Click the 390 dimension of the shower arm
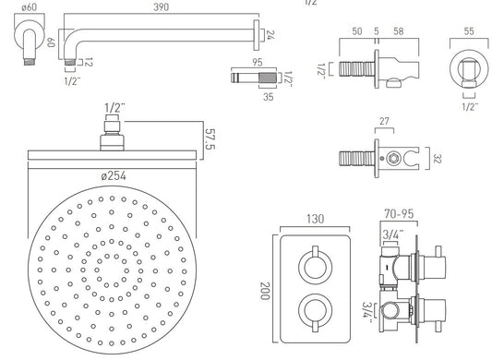click(x=162, y=7)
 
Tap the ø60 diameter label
click(x=30, y=7)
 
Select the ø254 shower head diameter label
click(x=114, y=175)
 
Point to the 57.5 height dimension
click(x=210, y=138)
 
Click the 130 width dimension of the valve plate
click(x=315, y=219)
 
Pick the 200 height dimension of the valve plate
click(x=265, y=291)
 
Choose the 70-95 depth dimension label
click(x=399, y=214)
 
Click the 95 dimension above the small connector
click(x=258, y=62)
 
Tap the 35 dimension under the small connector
click(x=269, y=97)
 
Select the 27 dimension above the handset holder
click(x=384, y=121)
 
